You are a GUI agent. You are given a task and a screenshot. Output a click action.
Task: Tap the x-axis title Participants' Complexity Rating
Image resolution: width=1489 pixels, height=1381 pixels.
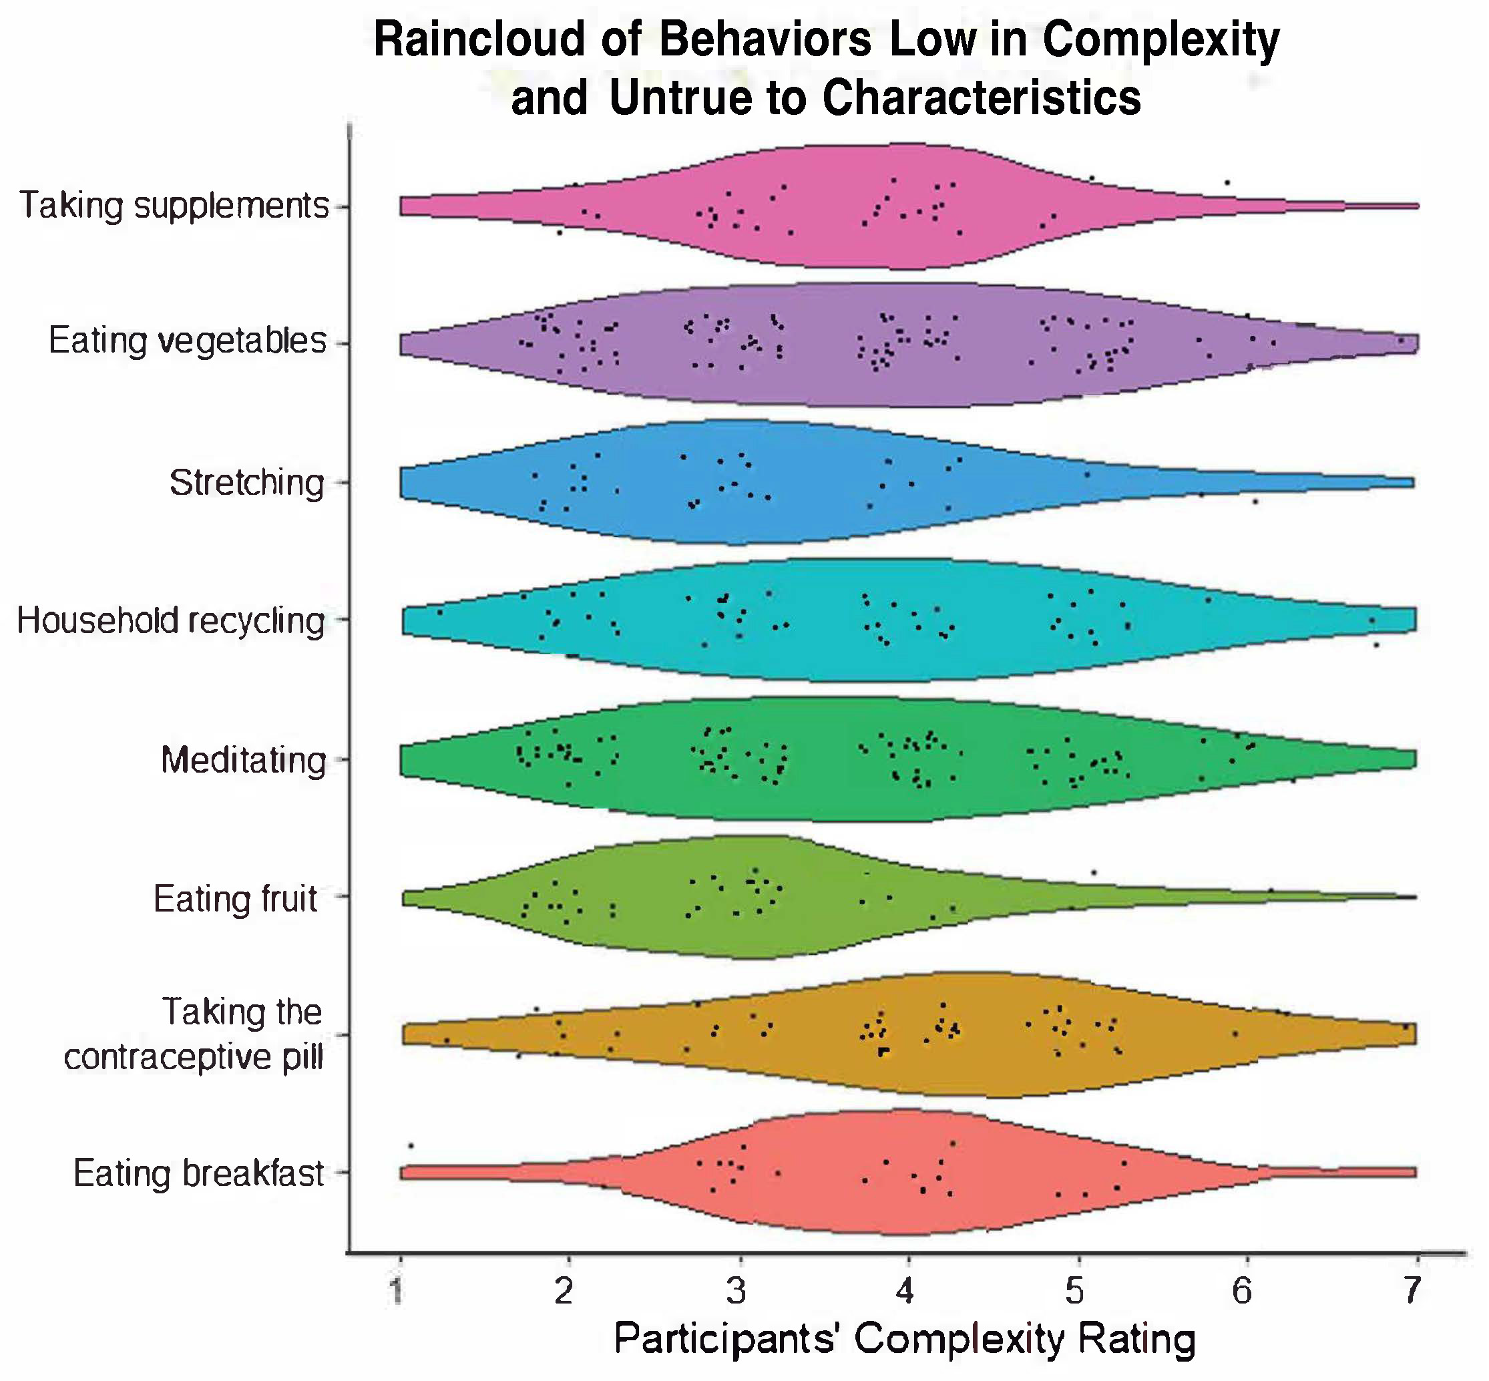coord(904,1338)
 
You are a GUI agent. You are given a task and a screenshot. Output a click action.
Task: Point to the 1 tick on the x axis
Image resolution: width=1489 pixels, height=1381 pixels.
coord(397,1292)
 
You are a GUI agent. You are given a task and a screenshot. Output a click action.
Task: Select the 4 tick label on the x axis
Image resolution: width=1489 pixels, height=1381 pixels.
coord(905,1292)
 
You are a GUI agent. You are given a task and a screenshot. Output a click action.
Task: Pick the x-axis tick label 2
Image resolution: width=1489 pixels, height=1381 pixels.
coord(565,1292)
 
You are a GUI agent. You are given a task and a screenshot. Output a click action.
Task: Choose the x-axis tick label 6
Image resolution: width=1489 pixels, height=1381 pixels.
coord(1242,1292)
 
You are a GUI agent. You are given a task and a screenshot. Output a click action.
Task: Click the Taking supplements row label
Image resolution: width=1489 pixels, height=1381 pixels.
coord(174,206)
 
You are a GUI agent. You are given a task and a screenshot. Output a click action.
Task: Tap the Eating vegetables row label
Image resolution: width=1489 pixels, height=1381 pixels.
coord(188,341)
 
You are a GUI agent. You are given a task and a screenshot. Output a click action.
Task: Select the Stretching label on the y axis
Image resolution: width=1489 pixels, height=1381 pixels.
coord(247,483)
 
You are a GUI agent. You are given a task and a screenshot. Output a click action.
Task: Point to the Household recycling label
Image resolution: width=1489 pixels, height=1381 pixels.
coord(171,621)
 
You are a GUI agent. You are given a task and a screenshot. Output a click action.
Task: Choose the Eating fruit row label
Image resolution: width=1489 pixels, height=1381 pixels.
coord(236,899)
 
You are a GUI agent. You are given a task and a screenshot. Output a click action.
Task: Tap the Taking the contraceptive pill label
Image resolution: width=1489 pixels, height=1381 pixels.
coord(194,1035)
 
